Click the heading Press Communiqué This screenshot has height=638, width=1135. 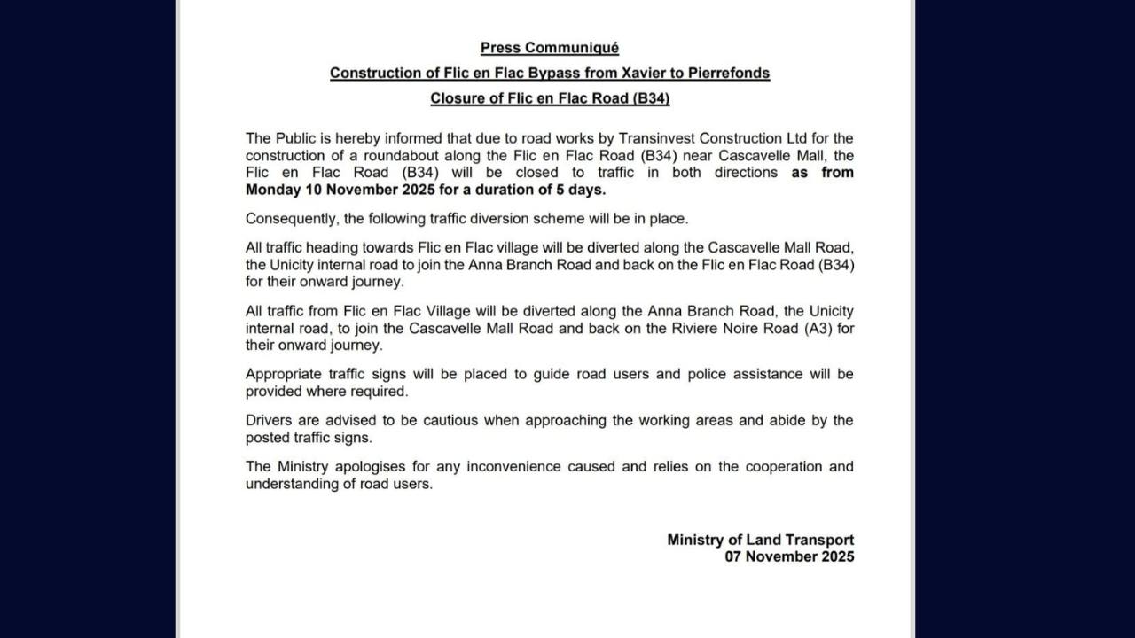pyautogui.click(x=550, y=48)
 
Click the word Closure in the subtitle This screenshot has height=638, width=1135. pyautogui.click(x=457, y=98)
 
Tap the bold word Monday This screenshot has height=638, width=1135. pyautogui.click(x=273, y=190)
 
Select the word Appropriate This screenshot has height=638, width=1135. pyautogui.click(x=283, y=374)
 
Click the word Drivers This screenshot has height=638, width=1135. pyautogui.click(x=269, y=420)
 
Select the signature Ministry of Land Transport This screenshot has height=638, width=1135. pyautogui.click(x=761, y=540)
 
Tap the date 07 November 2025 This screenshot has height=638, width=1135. pyautogui.click(x=789, y=556)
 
